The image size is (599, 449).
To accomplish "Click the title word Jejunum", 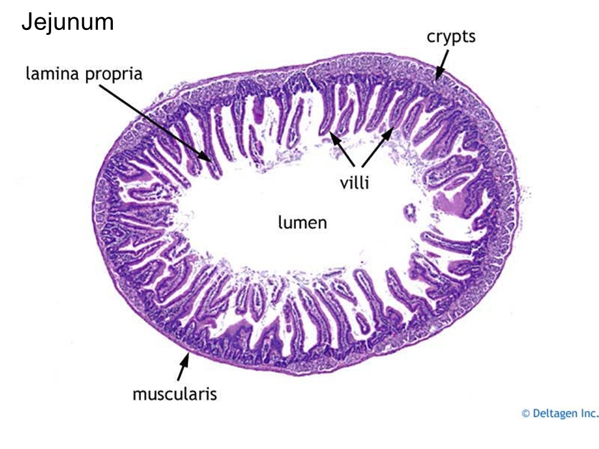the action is pos(67,22).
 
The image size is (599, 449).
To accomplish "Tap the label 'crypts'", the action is pos(450,37).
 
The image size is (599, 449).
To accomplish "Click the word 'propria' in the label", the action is pos(113,75).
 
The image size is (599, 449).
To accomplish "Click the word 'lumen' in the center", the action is pos(302,222).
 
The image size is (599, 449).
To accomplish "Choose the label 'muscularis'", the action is pos(174,393).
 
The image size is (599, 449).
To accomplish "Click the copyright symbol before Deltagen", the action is pos(525,413).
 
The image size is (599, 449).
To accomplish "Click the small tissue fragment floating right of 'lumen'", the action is pos(410,212).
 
